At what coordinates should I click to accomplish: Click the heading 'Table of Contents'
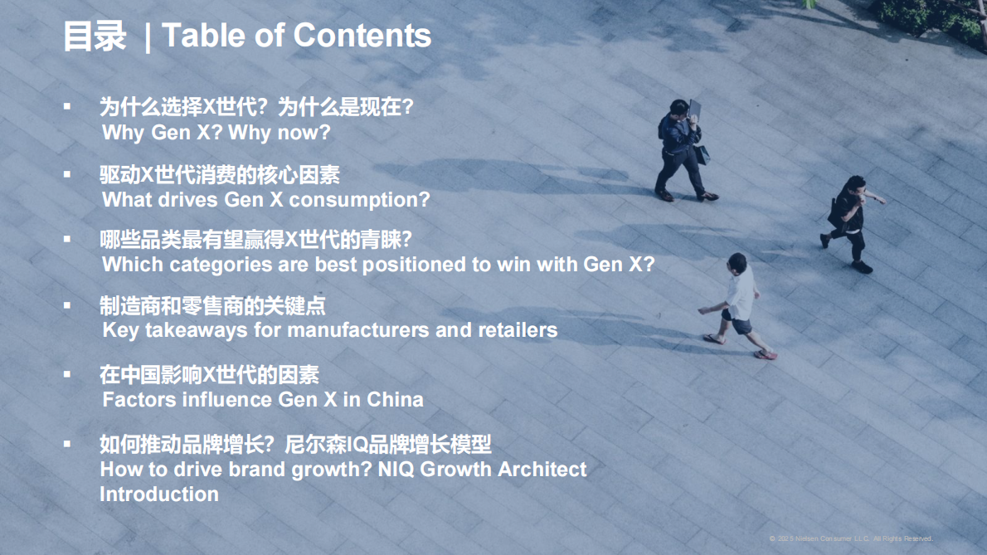296,36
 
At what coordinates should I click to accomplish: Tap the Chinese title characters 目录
94,36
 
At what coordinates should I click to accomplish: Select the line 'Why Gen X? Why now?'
216,133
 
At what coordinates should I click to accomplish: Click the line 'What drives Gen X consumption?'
265,200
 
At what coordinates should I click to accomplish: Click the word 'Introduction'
159,494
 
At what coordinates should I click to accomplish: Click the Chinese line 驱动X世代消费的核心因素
219,175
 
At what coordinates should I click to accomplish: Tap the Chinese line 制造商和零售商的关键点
212,306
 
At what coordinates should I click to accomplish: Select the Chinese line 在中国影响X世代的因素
209,375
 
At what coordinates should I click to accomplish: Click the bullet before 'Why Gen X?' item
67,106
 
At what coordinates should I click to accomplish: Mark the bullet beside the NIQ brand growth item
67,444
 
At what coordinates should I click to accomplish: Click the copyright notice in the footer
851,538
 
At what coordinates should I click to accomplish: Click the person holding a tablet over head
683,149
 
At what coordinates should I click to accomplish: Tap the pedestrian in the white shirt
736,303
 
